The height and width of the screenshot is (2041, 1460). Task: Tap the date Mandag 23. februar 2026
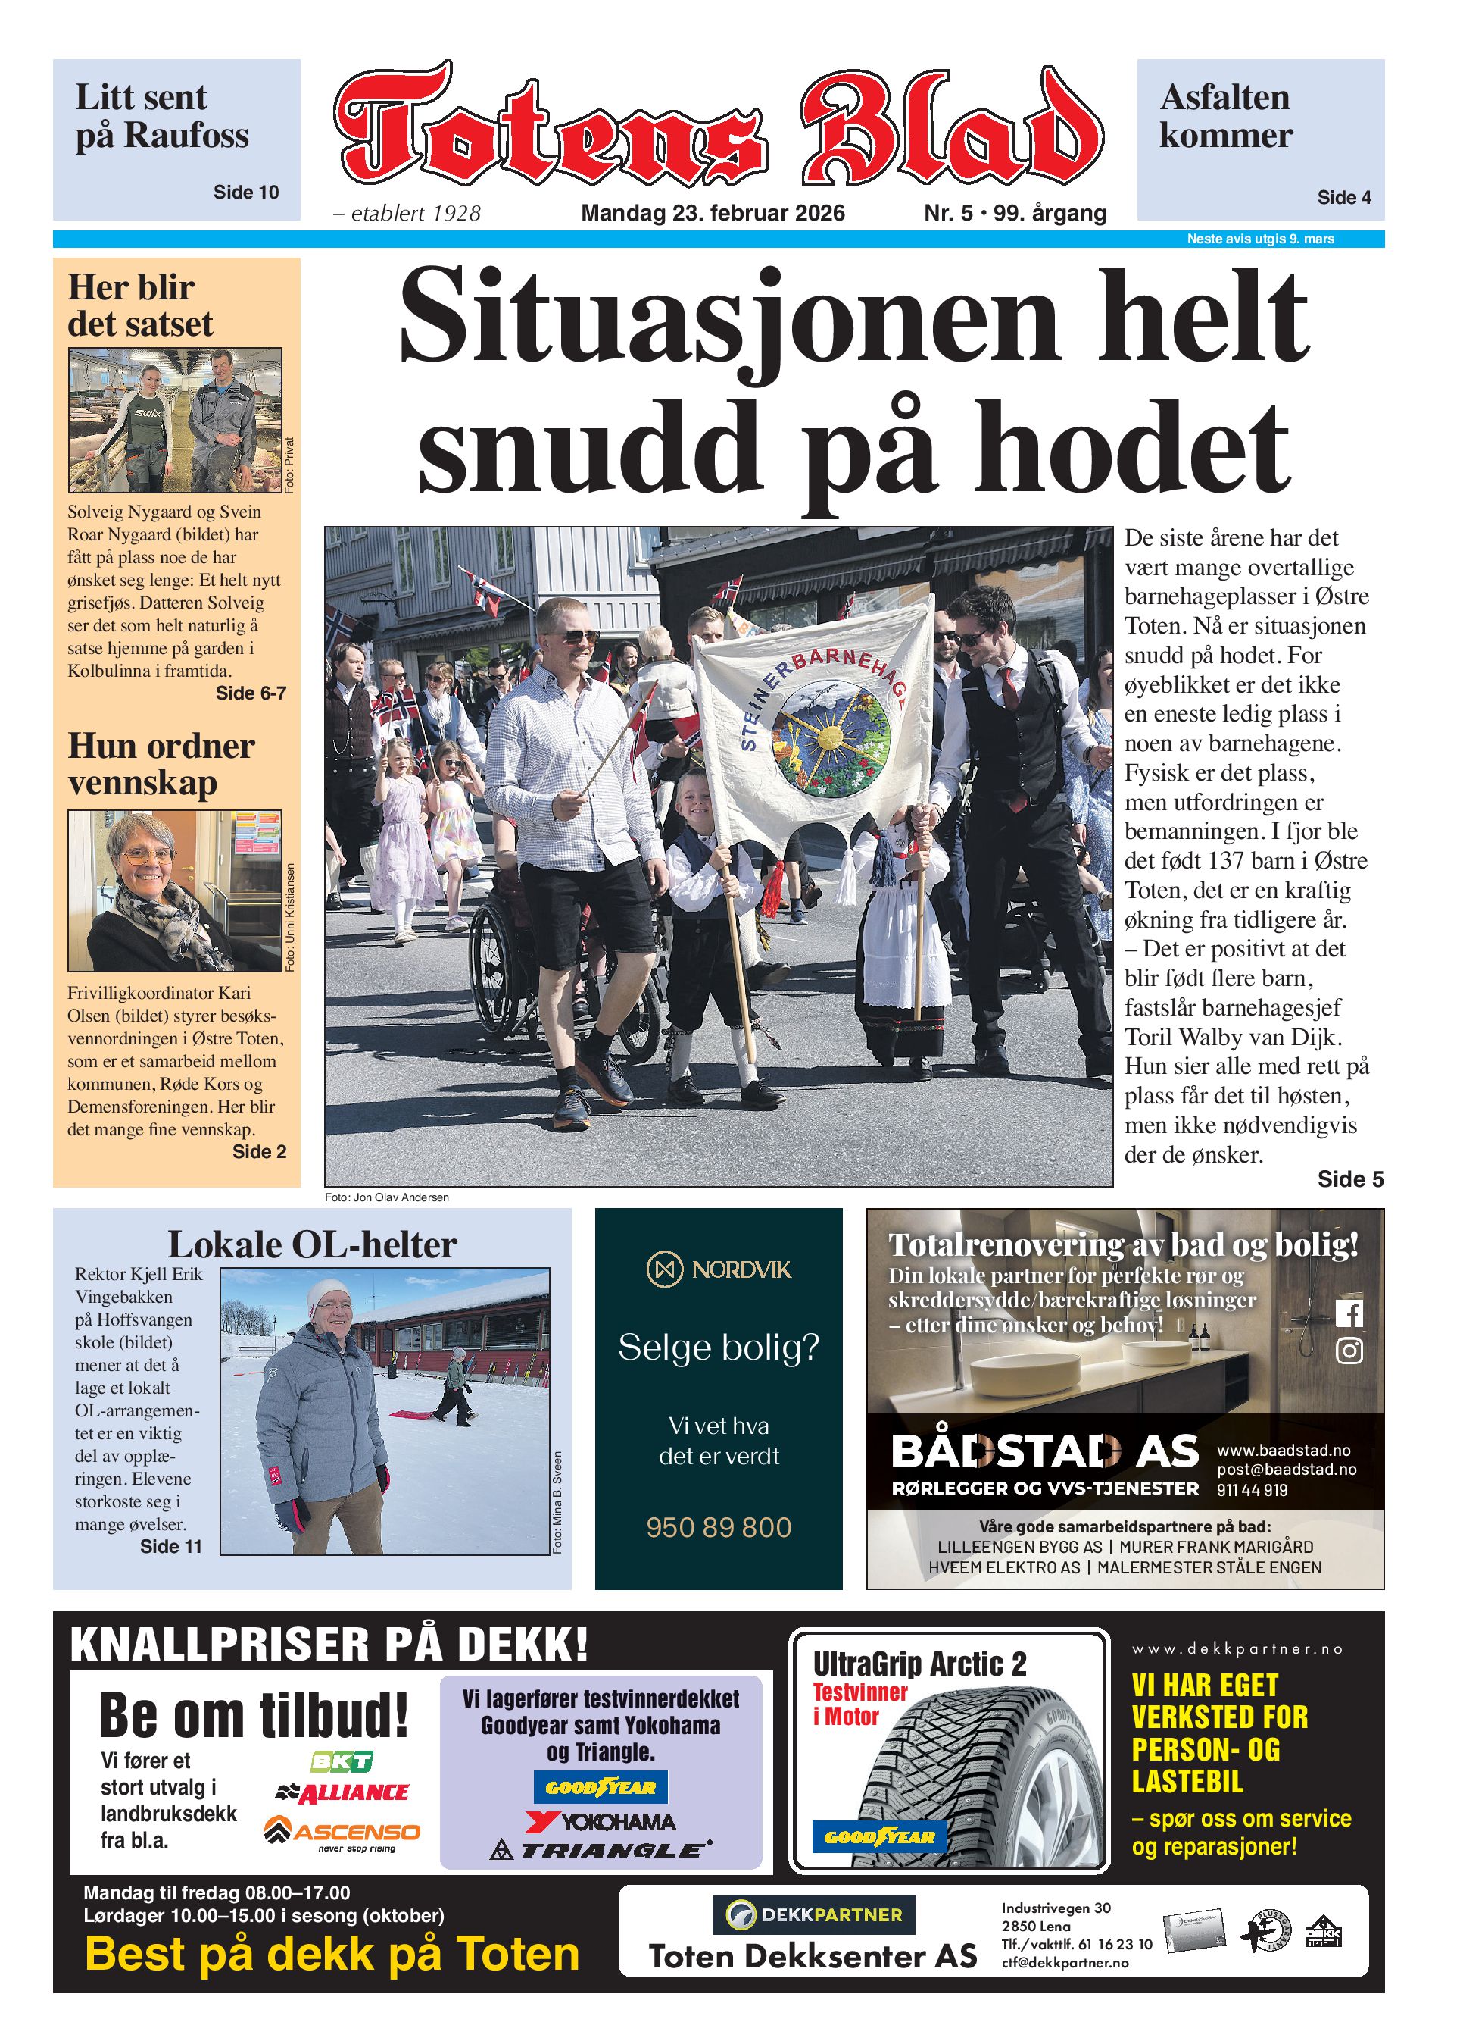712,213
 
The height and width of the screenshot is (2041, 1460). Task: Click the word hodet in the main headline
1132,447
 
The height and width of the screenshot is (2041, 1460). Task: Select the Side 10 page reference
245,192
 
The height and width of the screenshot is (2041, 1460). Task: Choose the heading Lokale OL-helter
312,1245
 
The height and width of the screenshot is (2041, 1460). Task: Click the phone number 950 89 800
719,1527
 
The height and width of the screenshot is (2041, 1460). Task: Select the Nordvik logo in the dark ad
719,1269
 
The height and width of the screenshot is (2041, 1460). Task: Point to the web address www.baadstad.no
1283,1451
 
